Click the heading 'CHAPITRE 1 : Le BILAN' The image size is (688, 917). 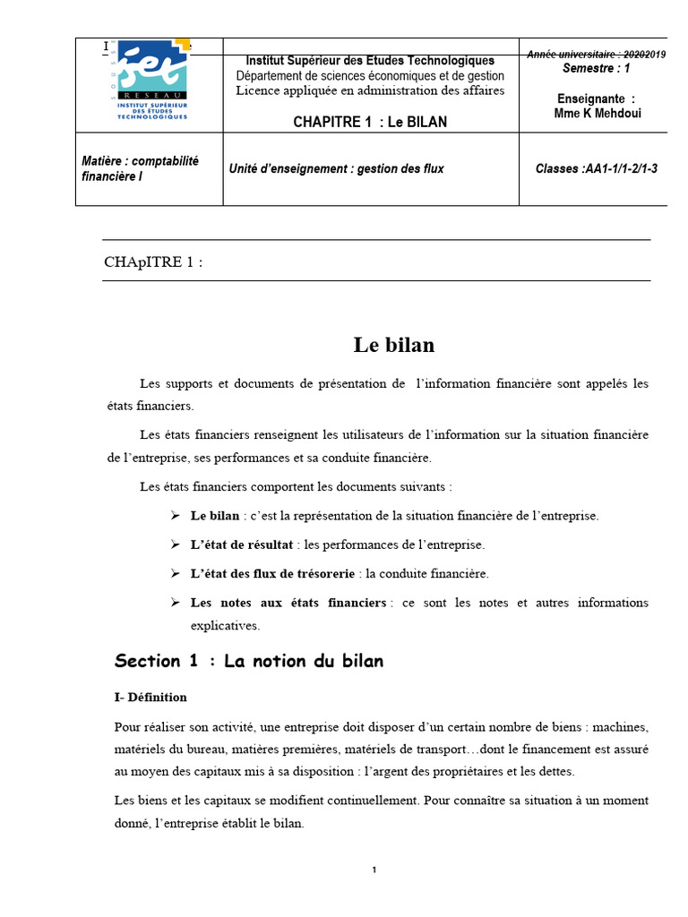(x=370, y=122)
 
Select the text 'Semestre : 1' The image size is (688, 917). (x=597, y=68)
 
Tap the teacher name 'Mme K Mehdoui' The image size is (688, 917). (x=598, y=113)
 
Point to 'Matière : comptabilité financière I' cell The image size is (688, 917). (x=140, y=168)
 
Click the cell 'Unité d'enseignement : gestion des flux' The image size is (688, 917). (x=336, y=168)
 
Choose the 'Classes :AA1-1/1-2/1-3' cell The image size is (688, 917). (x=596, y=168)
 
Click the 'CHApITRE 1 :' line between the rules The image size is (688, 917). (x=154, y=261)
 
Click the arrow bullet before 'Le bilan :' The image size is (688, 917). (x=176, y=516)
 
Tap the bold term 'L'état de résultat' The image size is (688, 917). (x=242, y=544)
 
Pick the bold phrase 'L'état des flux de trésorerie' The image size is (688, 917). (x=273, y=573)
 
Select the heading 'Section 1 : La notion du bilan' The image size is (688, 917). (x=249, y=662)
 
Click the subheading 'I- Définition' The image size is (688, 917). (x=150, y=697)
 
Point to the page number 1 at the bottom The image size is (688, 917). (x=374, y=870)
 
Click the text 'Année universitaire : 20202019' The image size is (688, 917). (x=596, y=55)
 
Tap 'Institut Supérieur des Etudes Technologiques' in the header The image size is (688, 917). (x=370, y=61)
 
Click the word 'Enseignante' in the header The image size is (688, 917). (x=590, y=99)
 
